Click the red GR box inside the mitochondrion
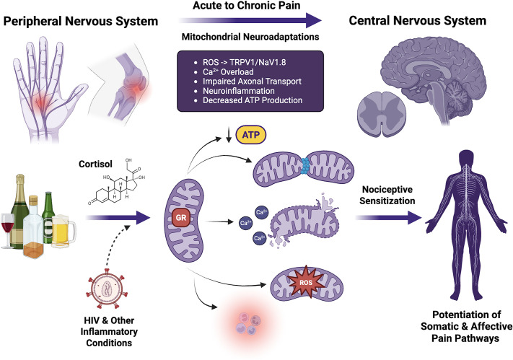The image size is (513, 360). pos(181,217)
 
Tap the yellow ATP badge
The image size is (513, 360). pos(251,135)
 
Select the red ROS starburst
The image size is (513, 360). pos(306,282)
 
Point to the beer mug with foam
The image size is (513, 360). pos(63,230)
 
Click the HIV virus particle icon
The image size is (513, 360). pos(106,289)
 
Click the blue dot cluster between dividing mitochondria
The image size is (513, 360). pos(305,166)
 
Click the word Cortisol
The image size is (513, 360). pos(95,164)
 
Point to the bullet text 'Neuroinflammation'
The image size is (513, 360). pos(239,91)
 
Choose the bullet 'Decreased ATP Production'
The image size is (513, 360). pos(253,100)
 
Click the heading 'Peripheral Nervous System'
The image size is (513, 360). pos(81,21)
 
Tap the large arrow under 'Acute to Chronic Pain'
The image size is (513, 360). pos(250,21)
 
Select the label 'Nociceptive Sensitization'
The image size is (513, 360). pos(387,195)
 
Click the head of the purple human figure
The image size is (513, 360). pos(467,159)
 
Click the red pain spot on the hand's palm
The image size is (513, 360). pos(42,102)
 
